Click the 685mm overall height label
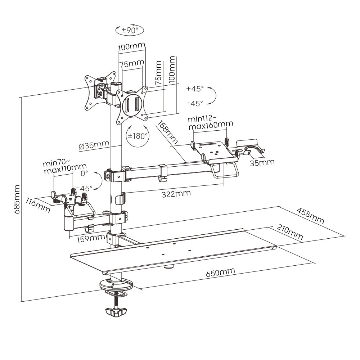point(17,199)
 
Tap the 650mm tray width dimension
point(220,272)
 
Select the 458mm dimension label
point(310,216)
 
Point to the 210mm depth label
point(290,232)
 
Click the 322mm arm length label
point(176,194)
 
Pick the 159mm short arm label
point(91,239)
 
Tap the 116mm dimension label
point(38,205)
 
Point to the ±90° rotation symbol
point(130,30)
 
